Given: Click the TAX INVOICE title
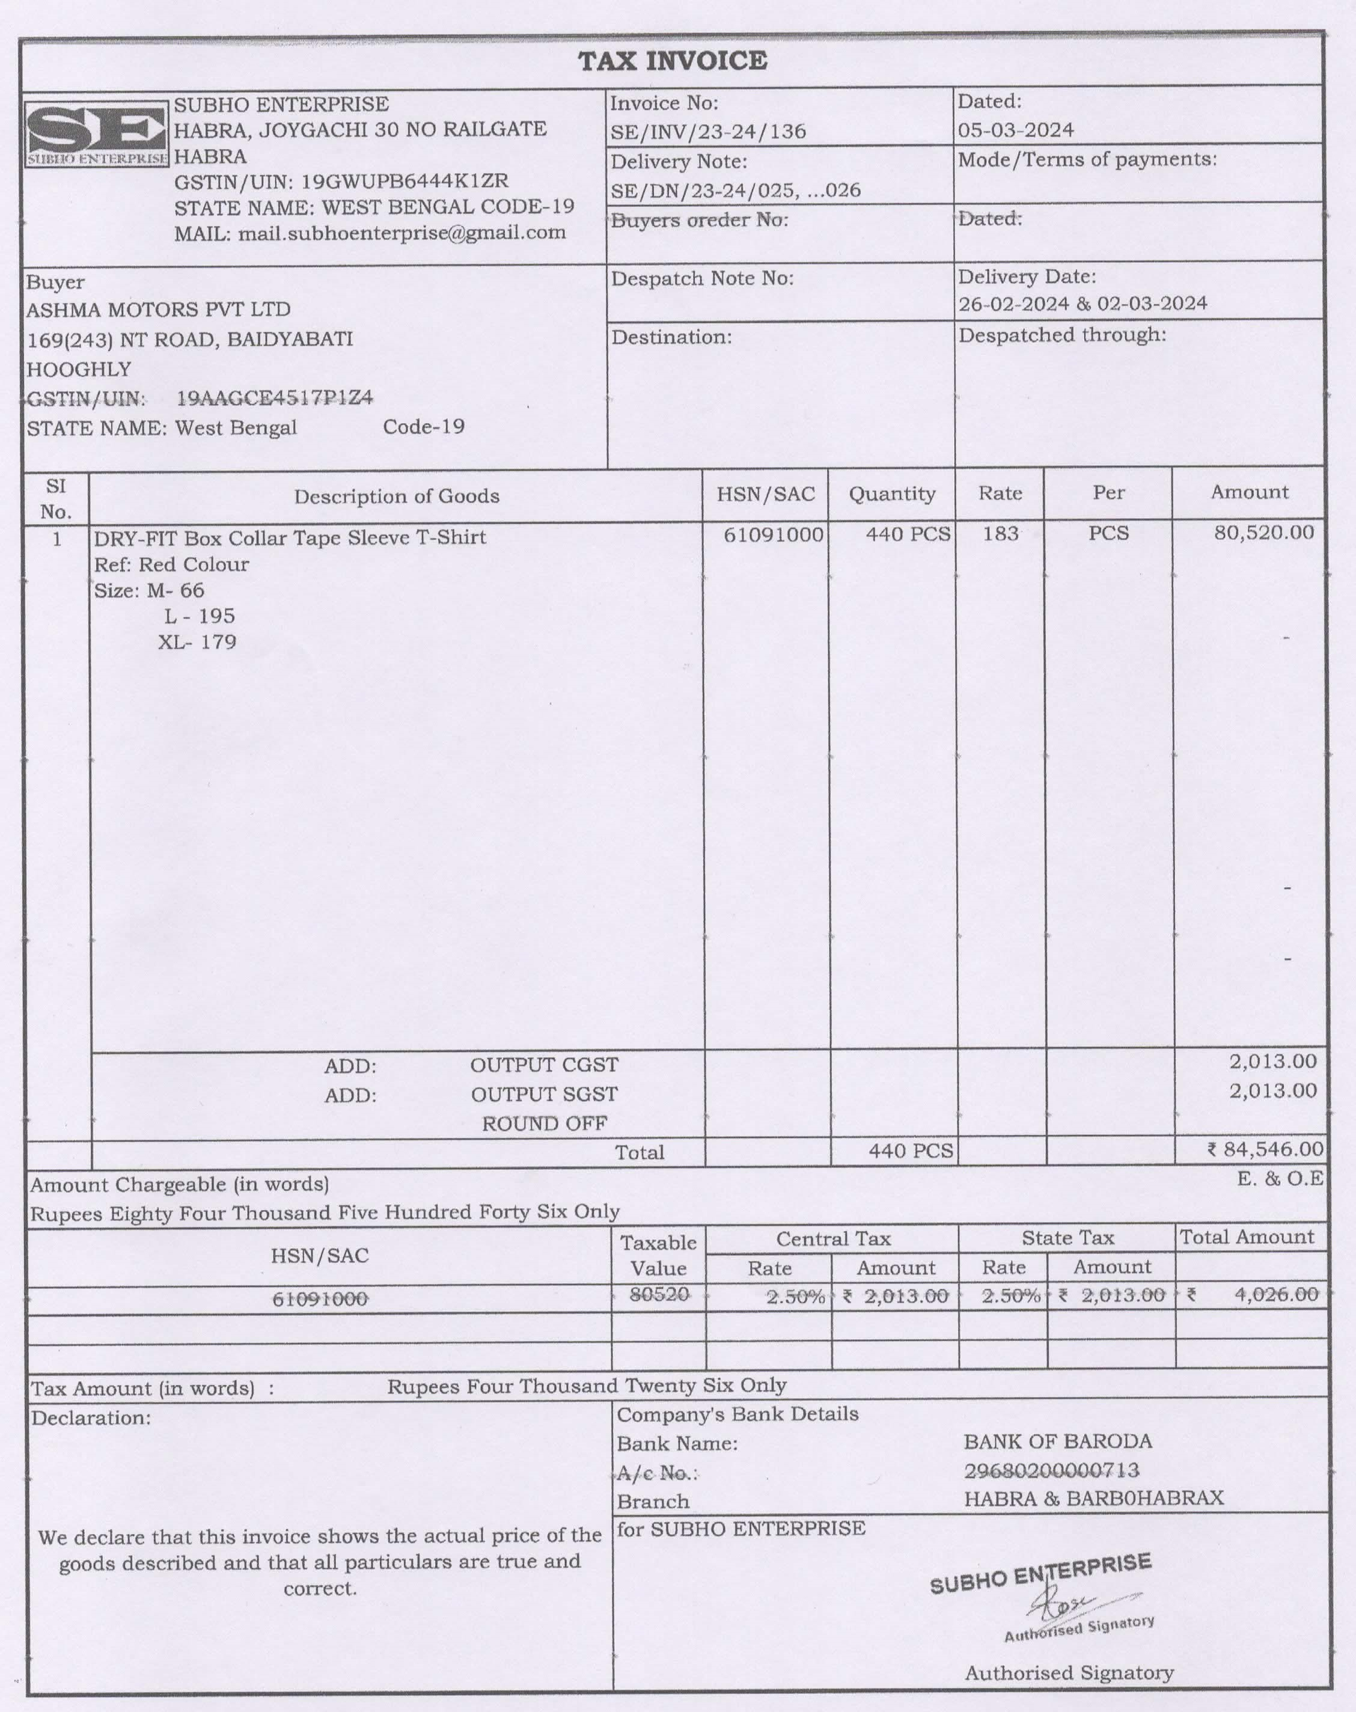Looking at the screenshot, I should pos(673,61).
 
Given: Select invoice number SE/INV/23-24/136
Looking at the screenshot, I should pos(707,132).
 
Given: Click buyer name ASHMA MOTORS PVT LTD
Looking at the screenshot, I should pos(159,310).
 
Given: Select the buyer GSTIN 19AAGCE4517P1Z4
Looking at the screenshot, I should pos(275,398).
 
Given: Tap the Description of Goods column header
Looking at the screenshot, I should pos(396,497).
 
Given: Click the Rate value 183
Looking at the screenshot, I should pos(1000,534).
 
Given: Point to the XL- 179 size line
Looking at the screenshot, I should pos(197,641).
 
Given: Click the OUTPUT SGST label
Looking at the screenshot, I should pos(544,1094).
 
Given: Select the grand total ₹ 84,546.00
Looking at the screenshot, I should pos(1265,1149).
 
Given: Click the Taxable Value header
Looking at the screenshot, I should pos(658,1255).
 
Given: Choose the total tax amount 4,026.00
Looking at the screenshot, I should pos(1276,1294).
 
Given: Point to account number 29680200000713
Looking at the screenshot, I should pos(1051,1470).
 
